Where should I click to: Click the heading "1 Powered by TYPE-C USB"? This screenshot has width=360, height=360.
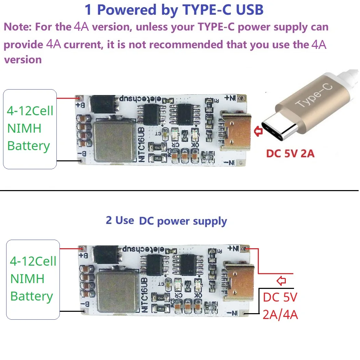click(174, 10)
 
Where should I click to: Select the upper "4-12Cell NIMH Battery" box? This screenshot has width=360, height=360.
click(30, 129)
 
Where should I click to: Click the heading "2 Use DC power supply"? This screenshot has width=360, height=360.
click(166, 221)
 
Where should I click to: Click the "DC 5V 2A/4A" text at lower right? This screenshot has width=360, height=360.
click(280, 306)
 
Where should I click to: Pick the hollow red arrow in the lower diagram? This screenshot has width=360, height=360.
click(281, 281)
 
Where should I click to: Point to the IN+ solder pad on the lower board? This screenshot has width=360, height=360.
click(244, 248)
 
